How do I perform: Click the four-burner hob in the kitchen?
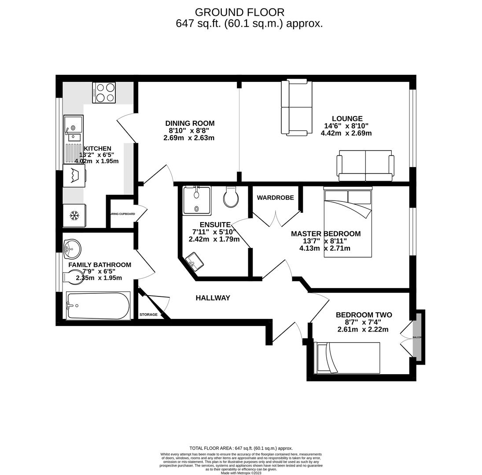(104, 92)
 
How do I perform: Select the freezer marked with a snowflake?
(74, 216)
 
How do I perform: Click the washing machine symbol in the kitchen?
(74, 176)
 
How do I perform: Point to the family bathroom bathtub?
(98, 306)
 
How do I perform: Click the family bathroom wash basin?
(72, 249)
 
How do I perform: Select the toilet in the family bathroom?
(73, 277)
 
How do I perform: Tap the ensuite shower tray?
(197, 200)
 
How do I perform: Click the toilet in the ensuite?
(231, 197)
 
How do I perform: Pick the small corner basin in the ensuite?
(195, 261)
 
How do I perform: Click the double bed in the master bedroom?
(348, 222)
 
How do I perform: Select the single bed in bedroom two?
(347, 358)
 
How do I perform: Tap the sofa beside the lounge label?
(297, 107)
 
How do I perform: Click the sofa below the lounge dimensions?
(365, 166)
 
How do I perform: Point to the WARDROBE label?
(275, 198)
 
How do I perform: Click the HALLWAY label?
(213, 298)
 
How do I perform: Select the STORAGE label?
(148, 314)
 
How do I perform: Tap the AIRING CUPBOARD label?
(122, 214)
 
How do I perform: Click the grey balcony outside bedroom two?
(417, 337)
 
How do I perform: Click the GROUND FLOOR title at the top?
(239, 12)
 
